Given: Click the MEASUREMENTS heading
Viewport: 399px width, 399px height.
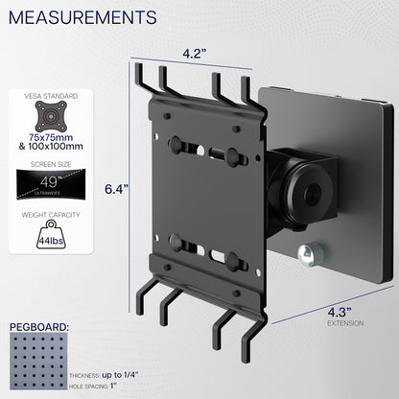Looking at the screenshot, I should click(83, 18).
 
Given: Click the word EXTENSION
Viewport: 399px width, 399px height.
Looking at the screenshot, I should click(345, 323).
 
